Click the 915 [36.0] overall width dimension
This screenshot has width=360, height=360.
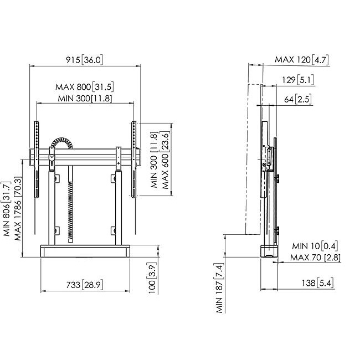coord(84,60)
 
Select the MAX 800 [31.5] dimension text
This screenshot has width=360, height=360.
coord(85,87)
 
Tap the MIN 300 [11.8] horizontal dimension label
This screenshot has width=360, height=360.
coord(85,99)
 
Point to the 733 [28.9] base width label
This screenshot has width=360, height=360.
coord(85,285)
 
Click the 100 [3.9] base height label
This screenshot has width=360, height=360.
coord(152,278)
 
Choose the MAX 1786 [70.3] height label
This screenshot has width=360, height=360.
coord(18,208)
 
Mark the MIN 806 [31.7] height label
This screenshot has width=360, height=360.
coord(7,209)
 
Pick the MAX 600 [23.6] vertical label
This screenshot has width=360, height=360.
coord(165,160)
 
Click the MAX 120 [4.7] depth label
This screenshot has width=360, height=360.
coord(302,60)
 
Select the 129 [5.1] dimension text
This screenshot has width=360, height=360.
coord(298,80)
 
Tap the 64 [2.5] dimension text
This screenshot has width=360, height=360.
coord(298,99)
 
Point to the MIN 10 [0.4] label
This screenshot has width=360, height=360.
coord(315,246)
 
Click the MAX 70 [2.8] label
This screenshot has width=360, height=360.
coord(316,258)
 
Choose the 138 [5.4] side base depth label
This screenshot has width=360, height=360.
coord(317,283)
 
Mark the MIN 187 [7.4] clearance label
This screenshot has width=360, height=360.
coord(220,288)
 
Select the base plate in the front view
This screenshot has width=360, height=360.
coord(85,251)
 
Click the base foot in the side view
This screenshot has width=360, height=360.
coord(269,251)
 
